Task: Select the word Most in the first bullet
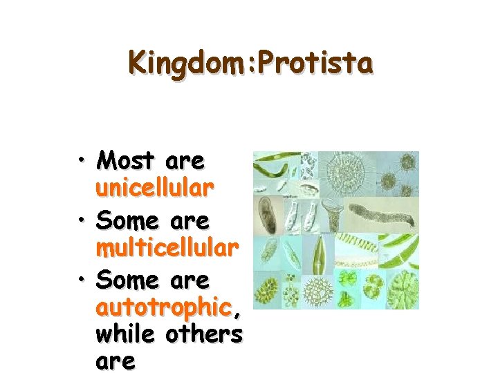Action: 126,161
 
